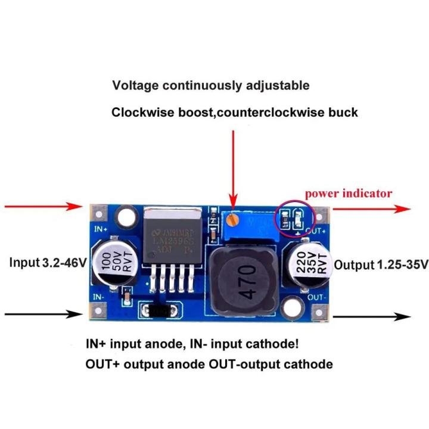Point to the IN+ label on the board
(x=100, y=229)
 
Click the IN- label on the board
(x=99, y=296)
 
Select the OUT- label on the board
(x=317, y=296)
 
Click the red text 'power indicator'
(x=348, y=193)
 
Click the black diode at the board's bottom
(x=159, y=310)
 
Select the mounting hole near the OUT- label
(x=291, y=307)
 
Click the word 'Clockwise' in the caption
(x=141, y=112)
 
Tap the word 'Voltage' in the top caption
(x=133, y=85)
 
